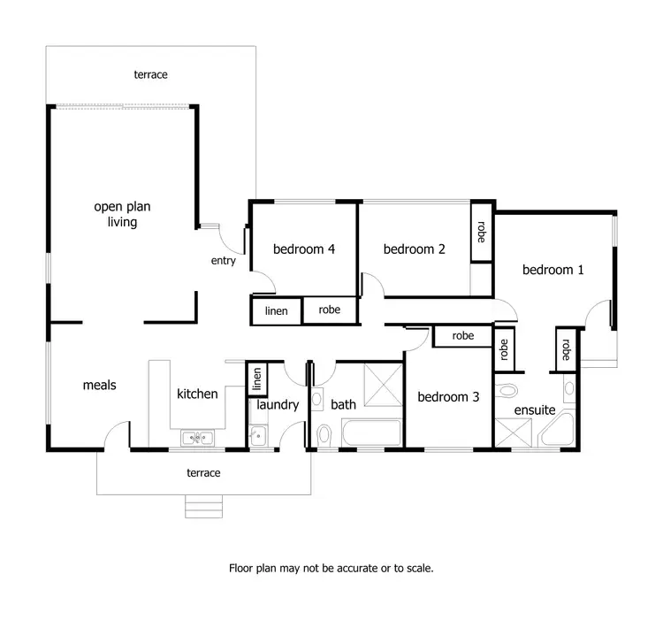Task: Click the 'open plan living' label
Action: pyautogui.click(x=122, y=214)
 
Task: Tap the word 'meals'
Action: pyautogui.click(x=100, y=385)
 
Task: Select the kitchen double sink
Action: pyautogui.click(x=199, y=437)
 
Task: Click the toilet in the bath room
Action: pyautogui.click(x=324, y=434)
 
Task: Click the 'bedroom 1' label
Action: pyautogui.click(x=552, y=270)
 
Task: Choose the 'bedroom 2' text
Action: pyautogui.click(x=414, y=249)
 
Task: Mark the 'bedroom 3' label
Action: pyautogui.click(x=448, y=397)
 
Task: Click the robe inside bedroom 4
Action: pyautogui.click(x=330, y=310)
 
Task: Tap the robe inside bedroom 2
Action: pyautogui.click(x=482, y=232)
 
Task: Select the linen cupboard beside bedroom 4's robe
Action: pyautogui.click(x=277, y=311)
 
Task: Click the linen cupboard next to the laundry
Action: pyautogui.click(x=257, y=379)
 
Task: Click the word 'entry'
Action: pyautogui.click(x=223, y=261)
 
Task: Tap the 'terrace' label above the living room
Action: pyautogui.click(x=150, y=75)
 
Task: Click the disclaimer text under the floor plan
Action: pyautogui.click(x=331, y=568)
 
